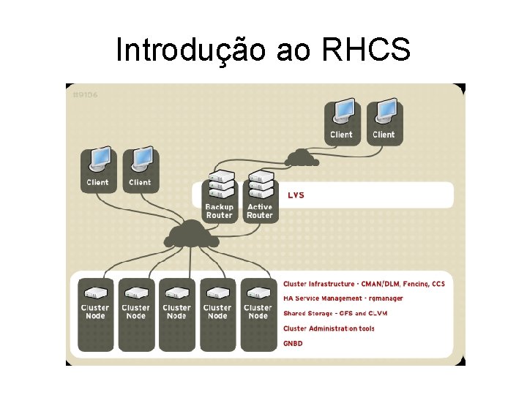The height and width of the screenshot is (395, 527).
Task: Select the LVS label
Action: [x=296, y=195]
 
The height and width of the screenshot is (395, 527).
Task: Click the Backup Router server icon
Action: [x=219, y=186]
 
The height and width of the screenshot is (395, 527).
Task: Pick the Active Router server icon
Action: [x=259, y=186]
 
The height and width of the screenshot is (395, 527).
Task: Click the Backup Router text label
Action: [x=219, y=211]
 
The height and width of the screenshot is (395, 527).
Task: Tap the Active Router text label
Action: [x=259, y=211]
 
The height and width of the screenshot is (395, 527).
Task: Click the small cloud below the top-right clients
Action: [x=299, y=157]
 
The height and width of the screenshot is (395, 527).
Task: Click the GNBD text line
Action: [x=293, y=343]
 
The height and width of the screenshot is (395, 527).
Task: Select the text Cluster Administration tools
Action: [x=329, y=328]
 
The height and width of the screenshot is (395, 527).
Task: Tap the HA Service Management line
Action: [x=343, y=298]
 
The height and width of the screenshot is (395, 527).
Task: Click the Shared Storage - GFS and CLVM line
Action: [x=335, y=313]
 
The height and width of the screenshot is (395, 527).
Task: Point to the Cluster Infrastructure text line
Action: [x=364, y=283]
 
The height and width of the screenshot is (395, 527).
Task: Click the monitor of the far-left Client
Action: [x=98, y=160]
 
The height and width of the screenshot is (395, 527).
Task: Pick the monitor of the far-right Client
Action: [x=384, y=113]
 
